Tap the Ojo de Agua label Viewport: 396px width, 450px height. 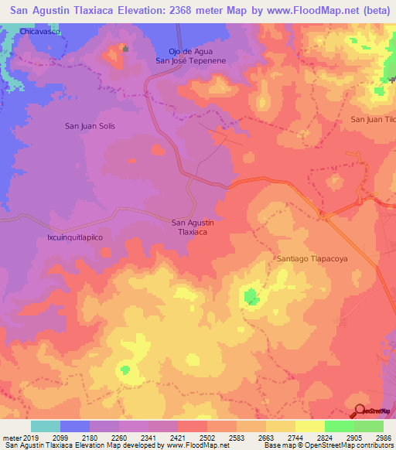[179, 51]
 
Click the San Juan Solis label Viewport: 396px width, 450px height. [90, 125]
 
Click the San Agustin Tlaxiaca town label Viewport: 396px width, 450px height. [192, 227]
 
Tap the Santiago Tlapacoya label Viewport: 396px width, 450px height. [314, 259]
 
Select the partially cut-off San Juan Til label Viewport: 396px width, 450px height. [373, 119]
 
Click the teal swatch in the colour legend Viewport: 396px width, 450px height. [46, 426]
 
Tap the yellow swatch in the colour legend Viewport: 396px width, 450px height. [310, 426]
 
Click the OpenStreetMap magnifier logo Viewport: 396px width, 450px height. [359, 412]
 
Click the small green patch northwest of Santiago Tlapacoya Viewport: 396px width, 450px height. [251, 296]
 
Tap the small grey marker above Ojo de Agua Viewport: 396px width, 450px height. [125, 49]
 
